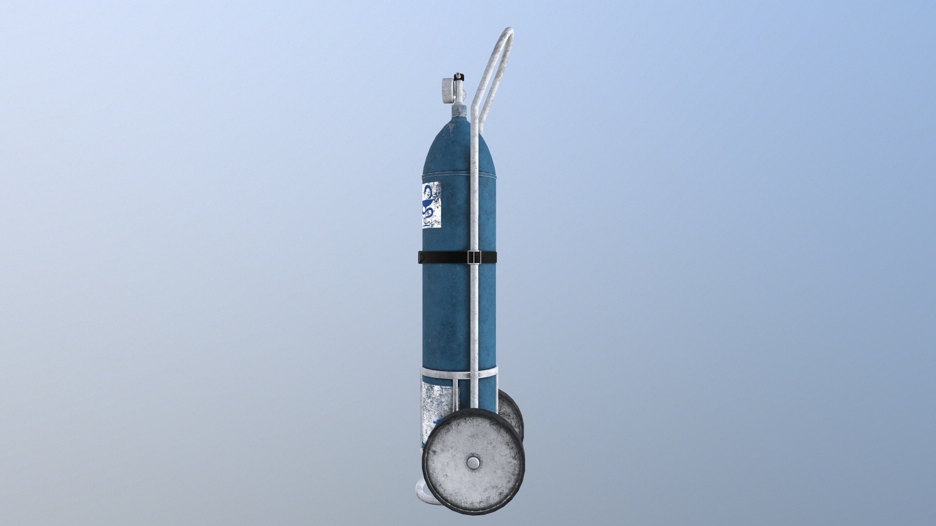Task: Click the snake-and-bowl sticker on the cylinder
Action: pyautogui.click(x=430, y=205)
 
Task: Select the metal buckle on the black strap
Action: pyautogui.click(x=471, y=257)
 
